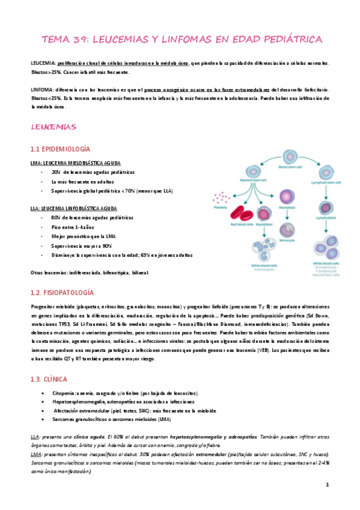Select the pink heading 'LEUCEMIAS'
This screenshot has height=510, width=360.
(x=53, y=127)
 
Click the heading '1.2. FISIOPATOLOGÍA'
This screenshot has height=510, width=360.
(x=62, y=292)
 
